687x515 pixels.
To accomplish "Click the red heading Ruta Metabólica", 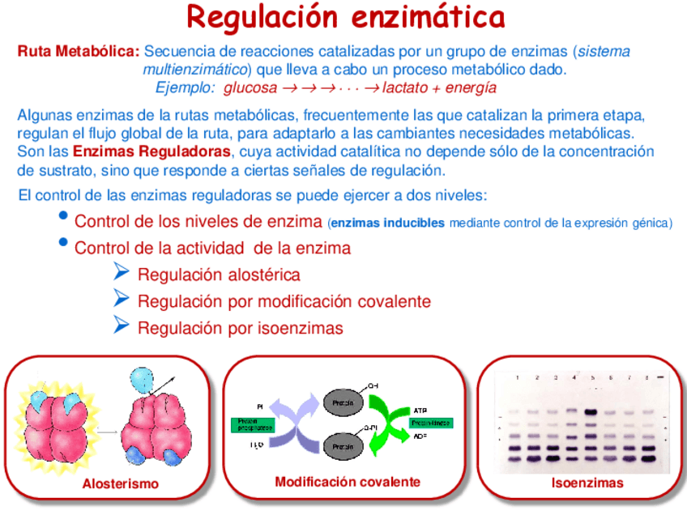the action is pyautogui.click(x=79, y=52).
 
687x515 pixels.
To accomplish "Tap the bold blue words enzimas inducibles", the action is pyautogui.click(x=388, y=223).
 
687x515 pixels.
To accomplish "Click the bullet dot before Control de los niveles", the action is pyautogui.click(x=64, y=217).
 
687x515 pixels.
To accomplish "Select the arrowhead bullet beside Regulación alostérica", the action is pyautogui.click(x=122, y=272).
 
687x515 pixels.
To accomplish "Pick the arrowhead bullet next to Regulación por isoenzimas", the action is pyautogui.click(x=122, y=326).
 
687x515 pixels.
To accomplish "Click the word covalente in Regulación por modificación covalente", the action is pyautogui.click(x=394, y=302).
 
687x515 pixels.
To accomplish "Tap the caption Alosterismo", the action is pyautogui.click(x=121, y=484).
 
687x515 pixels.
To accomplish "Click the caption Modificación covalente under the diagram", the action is pyautogui.click(x=348, y=482).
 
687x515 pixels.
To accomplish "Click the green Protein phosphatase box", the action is pyautogui.click(x=252, y=425).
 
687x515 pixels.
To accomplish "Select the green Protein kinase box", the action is pyautogui.click(x=430, y=423).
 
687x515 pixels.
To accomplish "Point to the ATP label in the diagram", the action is pyautogui.click(x=421, y=410).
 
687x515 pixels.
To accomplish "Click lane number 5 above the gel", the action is pyautogui.click(x=593, y=377).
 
